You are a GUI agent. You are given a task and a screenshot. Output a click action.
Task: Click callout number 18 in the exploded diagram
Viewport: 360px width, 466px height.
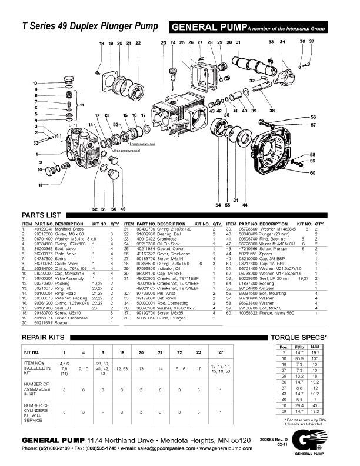coord(101,44)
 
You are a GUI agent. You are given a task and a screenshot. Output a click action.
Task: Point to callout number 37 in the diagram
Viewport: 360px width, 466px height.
coord(312,41)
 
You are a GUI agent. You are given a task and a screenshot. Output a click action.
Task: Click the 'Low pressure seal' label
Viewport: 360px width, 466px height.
coord(142,143)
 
